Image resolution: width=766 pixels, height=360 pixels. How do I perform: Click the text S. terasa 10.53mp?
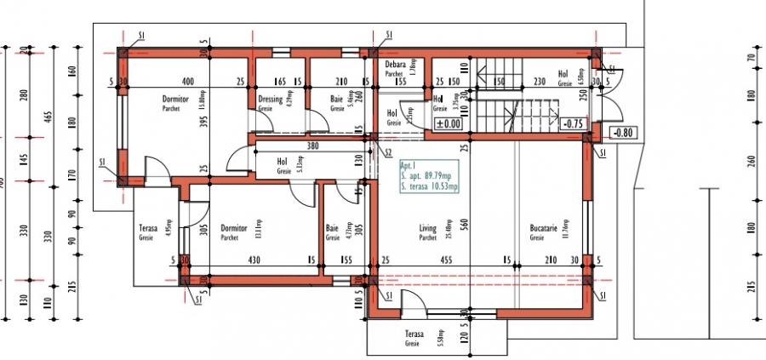click(429, 186)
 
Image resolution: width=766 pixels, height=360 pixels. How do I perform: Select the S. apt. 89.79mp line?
click(429, 177)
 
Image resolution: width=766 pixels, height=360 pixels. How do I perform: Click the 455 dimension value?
click(446, 261)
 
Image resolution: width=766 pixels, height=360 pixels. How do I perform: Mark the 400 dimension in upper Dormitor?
click(187, 82)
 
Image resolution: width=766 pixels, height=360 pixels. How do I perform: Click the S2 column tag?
click(388, 153)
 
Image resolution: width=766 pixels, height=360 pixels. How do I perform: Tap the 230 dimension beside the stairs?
click(539, 82)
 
